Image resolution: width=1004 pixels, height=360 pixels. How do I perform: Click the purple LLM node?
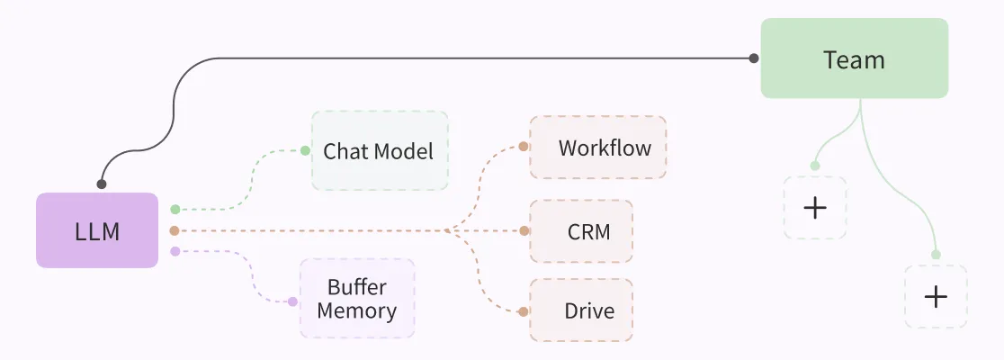(97, 230)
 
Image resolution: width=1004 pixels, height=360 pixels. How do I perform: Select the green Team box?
(854, 58)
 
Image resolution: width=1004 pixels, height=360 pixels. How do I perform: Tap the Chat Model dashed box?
(380, 150)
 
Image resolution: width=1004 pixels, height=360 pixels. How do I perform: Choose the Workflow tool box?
(598, 147)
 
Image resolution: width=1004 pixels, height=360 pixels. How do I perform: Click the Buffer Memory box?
(357, 299)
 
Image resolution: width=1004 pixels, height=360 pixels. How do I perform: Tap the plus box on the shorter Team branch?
(814, 208)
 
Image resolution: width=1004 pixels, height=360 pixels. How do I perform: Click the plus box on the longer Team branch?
(936, 296)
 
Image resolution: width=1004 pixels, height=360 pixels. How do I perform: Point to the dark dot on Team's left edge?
(754, 58)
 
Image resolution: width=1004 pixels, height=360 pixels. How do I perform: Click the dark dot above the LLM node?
(102, 184)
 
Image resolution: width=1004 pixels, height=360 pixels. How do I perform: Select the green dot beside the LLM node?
(175, 209)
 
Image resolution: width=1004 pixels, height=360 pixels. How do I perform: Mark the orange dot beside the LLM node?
(175, 230)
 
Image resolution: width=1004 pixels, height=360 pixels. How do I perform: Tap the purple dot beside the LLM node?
(175, 251)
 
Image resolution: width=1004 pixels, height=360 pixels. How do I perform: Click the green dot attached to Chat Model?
(305, 150)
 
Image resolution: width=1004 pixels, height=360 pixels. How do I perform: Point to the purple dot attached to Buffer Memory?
(292, 301)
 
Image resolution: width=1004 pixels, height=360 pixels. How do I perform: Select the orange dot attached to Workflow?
(524, 147)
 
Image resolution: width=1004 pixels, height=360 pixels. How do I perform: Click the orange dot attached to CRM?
(524, 230)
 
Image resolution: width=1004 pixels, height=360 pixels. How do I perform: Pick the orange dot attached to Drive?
(524, 311)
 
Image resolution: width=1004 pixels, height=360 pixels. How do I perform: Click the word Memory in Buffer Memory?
(357, 311)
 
